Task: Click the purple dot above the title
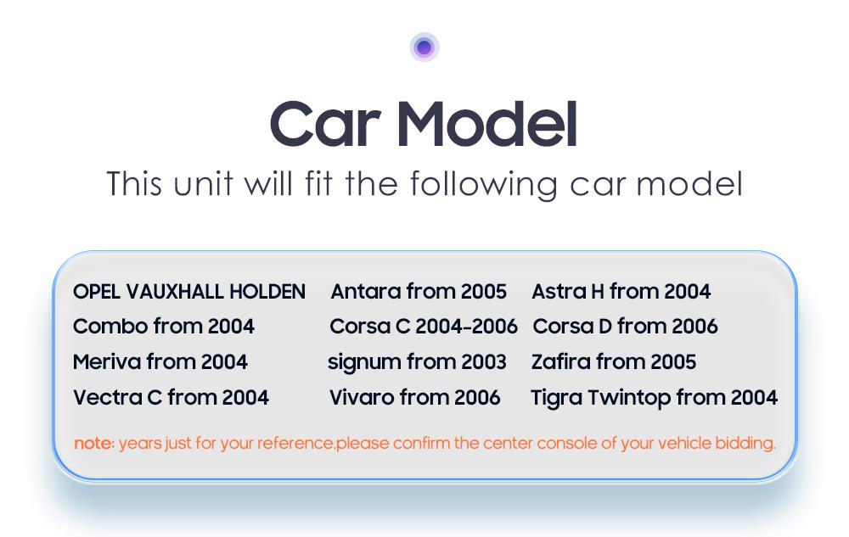click(424, 48)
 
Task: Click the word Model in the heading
click(487, 124)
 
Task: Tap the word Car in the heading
click(324, 124)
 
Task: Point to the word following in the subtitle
click(484, 184)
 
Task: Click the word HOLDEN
click(267, 292)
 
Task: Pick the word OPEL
click(97, 292)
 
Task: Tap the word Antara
click(366, 292)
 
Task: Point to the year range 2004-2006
click(466, 327)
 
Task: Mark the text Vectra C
click(117, 398)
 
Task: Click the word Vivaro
click(362, 398)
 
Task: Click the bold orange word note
click(94, 444)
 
